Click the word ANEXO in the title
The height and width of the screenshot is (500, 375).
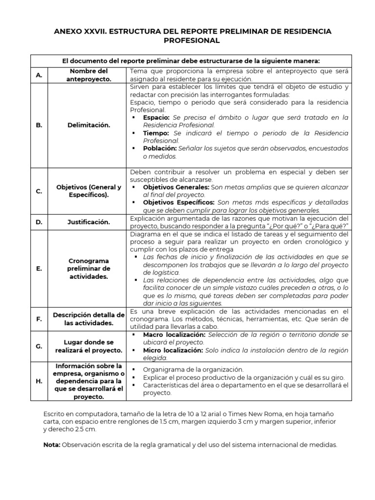(x=69, y=31)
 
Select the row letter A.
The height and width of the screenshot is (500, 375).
(x=39, y=75)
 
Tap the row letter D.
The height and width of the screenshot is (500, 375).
(x=39, y=222)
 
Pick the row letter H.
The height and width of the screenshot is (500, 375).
(x=39, y=381)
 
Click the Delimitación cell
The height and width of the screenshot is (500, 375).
(x=89, y=125)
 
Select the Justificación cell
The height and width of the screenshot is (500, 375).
(x=89, y=222)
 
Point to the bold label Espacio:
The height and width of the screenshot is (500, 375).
(x=156, y=118)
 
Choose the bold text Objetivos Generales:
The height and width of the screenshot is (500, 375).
(x=176, y=187)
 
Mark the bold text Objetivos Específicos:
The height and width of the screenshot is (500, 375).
(x=179, y=202)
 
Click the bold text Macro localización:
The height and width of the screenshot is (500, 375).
(x=175, y=335)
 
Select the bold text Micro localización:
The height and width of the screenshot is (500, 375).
(x=174, y=351)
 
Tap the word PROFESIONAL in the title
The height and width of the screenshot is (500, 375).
(x=187, y=41)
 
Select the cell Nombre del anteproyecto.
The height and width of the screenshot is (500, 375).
(x=89, y=75)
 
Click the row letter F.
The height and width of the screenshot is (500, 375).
(x=39, y=319)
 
